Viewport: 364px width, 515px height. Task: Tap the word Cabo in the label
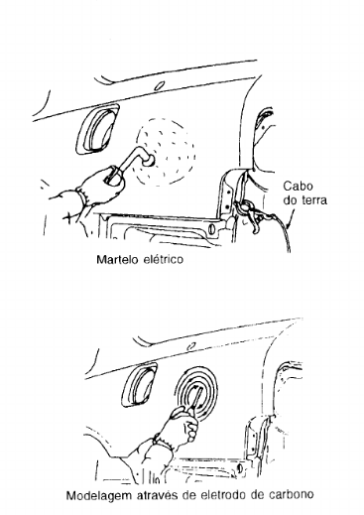coord(298,187)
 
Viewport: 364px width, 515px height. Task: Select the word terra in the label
coord(314,200)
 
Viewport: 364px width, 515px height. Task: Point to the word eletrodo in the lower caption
coord(222,495)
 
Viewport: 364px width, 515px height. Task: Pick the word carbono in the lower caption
coord(291,495)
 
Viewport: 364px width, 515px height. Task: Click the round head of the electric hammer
coord(149,160)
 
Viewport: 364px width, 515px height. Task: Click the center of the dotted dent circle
coord(166,151)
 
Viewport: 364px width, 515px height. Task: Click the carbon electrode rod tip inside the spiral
coord(199,390)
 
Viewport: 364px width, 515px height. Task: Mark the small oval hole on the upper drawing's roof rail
coord(159,86)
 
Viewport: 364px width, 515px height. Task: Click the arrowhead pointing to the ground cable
coord(289,226)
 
